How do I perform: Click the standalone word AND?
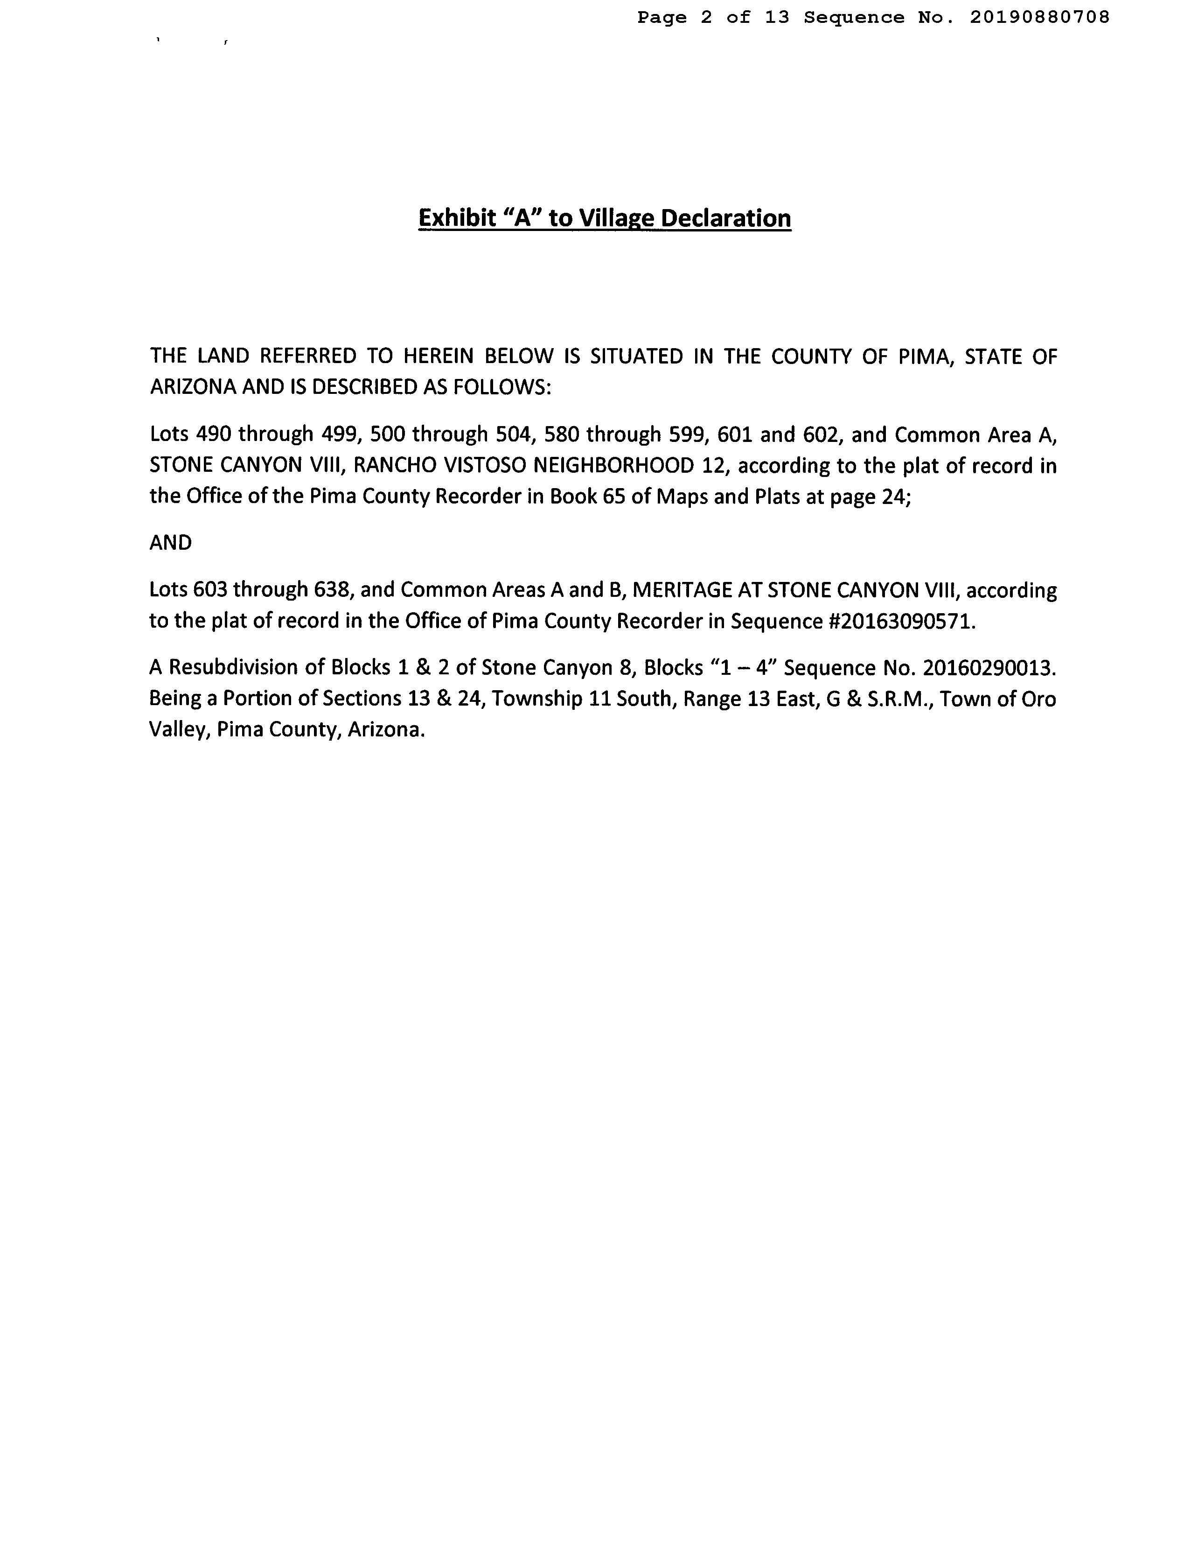tap(171, 543)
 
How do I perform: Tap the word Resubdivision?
tap(240, 667)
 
